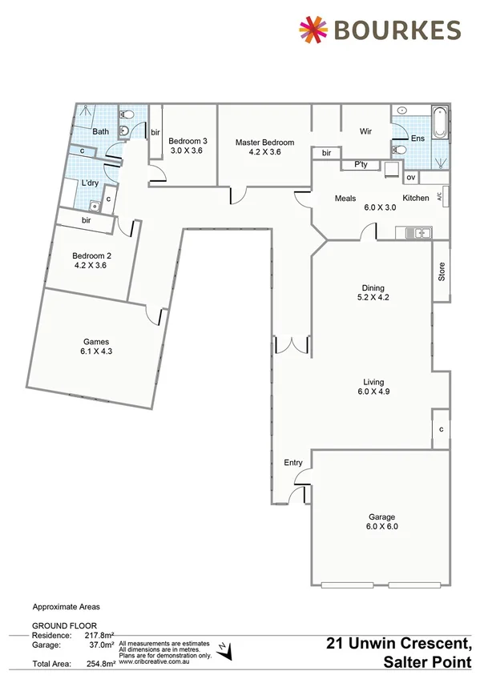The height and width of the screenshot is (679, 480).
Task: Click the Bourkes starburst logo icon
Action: click(x=313, y=30)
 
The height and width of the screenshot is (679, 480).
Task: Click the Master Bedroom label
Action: click(x=264, y=143)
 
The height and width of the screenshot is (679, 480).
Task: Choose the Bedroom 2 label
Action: click(x=89, y=257)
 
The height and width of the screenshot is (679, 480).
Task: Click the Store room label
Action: click(x=441, y=272)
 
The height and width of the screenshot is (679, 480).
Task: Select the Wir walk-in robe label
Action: click(x=365, y=131)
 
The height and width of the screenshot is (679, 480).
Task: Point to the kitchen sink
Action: click(x=417, y=233)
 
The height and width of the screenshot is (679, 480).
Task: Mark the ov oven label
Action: click(x=410, y=177)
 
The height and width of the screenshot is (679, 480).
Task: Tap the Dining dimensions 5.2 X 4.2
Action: click(x=373, y=298)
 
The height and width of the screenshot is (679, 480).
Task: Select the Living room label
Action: click(x=373, y=382)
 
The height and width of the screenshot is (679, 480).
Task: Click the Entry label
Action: click(x=293, y=463)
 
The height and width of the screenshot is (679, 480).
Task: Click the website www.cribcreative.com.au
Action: click(x=154, y=661)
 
